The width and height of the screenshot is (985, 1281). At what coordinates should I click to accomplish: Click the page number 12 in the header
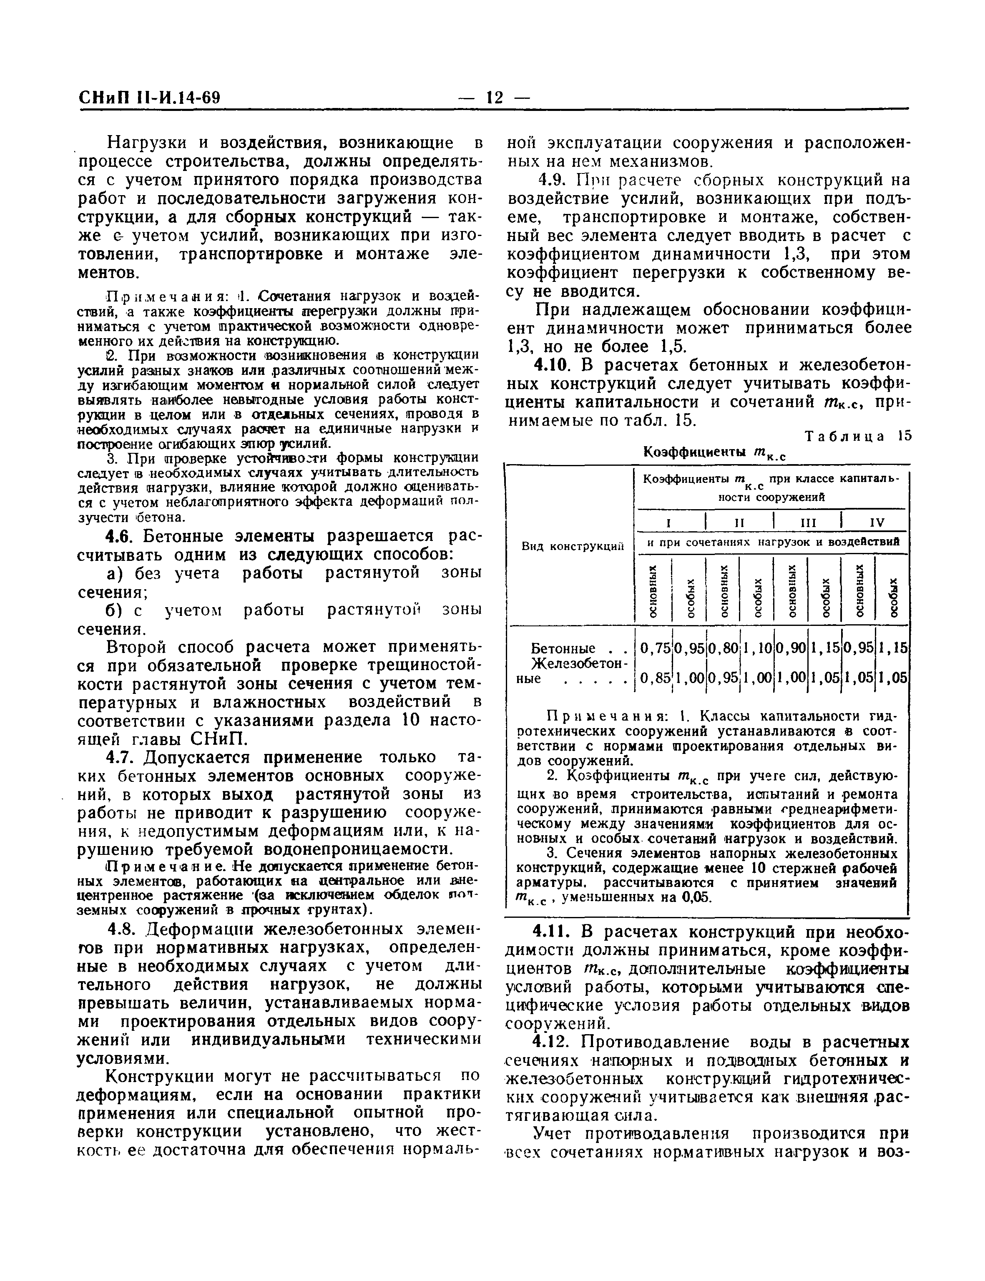(494, 97)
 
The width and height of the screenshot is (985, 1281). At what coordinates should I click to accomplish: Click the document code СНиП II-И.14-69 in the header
(150, 97)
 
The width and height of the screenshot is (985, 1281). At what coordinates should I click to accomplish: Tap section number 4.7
(121, 757)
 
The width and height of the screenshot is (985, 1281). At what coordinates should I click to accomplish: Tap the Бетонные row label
(563, 648)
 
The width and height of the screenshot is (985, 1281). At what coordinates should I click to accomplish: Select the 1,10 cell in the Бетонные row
(757, 648)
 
